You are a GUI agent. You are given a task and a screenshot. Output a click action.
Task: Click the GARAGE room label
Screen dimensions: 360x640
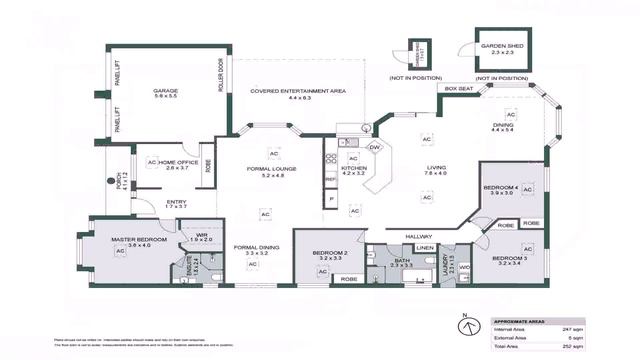[x=165, y=91]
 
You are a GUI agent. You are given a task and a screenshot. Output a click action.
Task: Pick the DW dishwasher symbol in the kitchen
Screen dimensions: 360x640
[x=375, y=148]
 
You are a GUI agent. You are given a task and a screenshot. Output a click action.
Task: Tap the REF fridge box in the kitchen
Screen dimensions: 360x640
[x=330, y=181]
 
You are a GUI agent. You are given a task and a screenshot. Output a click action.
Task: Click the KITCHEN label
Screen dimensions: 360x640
[x=354, y=171]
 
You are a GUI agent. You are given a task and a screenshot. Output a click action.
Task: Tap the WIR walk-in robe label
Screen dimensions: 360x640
[x=201, y=235]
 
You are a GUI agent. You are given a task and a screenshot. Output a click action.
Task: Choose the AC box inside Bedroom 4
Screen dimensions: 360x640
[x=527, y=188]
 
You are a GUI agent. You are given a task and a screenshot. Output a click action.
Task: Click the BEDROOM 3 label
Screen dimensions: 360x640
[x=496, y=259]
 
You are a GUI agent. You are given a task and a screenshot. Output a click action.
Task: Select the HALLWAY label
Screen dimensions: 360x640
[x=419, y=236]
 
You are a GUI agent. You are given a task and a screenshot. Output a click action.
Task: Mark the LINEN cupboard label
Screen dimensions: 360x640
[x=425, y=247]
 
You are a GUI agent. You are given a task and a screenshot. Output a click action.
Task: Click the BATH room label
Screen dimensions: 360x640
[x=401, y=260]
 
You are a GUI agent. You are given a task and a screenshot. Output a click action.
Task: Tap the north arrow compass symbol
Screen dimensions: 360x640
[x=465, y=324]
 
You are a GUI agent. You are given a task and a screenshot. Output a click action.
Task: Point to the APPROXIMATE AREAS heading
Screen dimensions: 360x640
[x=520, y=312]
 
